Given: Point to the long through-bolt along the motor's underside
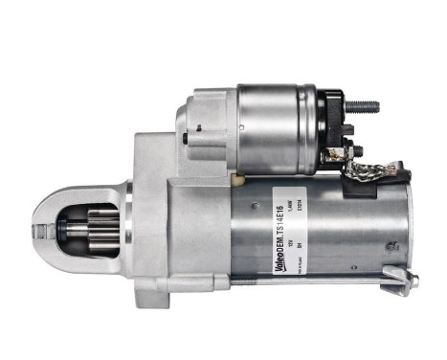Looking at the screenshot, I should click(x=306, y=283).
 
